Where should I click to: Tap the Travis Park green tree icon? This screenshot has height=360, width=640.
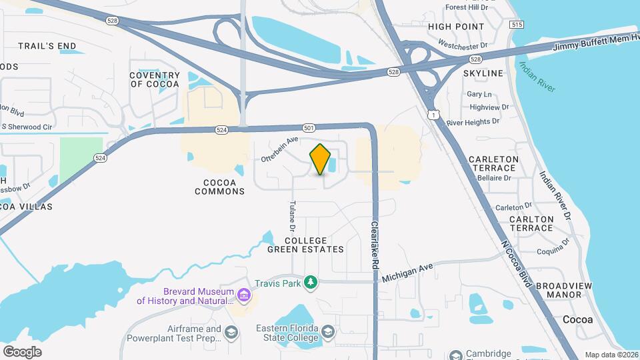tap(310, 283)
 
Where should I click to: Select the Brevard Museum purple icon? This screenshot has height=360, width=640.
tap(243, 295)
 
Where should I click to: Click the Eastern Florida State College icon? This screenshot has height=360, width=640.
tap(328, 332)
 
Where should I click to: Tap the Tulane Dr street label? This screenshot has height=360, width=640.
tap(292, 216)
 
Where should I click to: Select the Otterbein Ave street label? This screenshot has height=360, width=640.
tap(279, 150)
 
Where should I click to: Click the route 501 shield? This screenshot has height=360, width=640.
tap(308, 127)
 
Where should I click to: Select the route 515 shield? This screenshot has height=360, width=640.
tap(515, 24)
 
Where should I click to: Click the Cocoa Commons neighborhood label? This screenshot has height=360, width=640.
tap(220, 187)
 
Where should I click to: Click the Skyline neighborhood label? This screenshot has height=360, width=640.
tap(483, 73)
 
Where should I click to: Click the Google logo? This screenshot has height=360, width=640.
tap(22, 351)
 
